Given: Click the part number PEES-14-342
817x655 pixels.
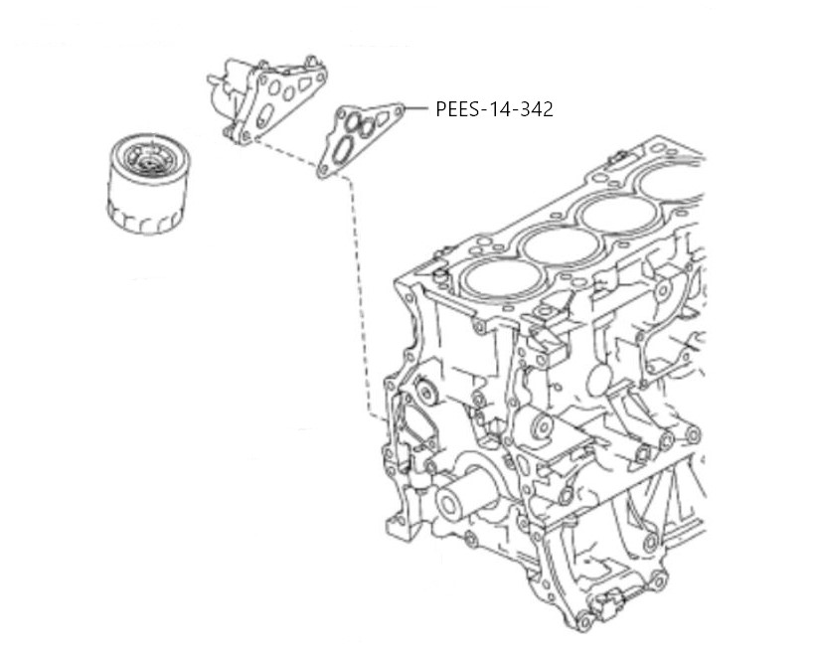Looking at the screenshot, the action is click(x=494, y=109).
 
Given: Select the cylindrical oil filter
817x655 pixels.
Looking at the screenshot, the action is click(x=148, y=184).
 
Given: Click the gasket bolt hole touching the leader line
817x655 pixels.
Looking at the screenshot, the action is click(x=400, y=110).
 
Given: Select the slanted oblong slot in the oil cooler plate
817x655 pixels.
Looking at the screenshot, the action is click(x=264, y=114).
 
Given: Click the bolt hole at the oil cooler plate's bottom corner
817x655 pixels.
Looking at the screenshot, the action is click(x=246, y=136).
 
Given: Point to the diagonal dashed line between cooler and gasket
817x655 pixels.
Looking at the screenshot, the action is click(x=285, y=153).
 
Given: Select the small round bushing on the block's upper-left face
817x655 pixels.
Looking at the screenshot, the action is click(x=427, y=394).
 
